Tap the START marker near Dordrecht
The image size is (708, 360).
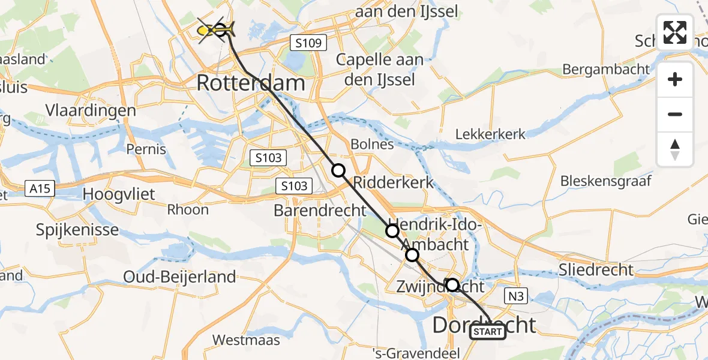(488, 332)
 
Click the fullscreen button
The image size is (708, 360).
(675, 32)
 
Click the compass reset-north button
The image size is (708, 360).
(675, 149)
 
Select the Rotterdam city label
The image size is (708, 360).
(251, 83)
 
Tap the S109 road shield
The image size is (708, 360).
(308, 43)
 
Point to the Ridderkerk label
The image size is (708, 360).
(394, 182)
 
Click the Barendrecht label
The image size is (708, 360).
(319, 211)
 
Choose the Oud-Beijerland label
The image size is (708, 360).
(179, 277)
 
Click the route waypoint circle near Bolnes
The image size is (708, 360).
(339, 170)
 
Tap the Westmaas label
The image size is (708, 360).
(246, 340)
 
